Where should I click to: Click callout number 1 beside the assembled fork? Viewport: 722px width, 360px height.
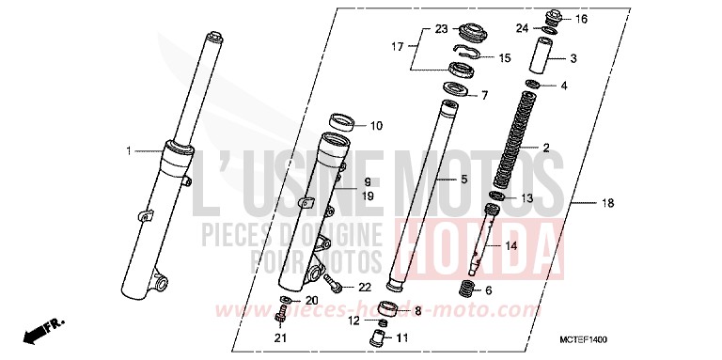click(x=130, y=150)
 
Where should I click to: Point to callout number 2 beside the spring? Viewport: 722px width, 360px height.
click(x=546, y=149)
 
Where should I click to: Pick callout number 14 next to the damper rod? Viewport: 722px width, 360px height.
click(x=510, y=246)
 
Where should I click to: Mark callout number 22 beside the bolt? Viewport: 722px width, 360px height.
click(x=364, y=286)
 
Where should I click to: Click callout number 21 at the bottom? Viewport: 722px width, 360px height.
click(x=279, y=338)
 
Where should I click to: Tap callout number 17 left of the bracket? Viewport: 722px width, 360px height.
click(x=398, y=45)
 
